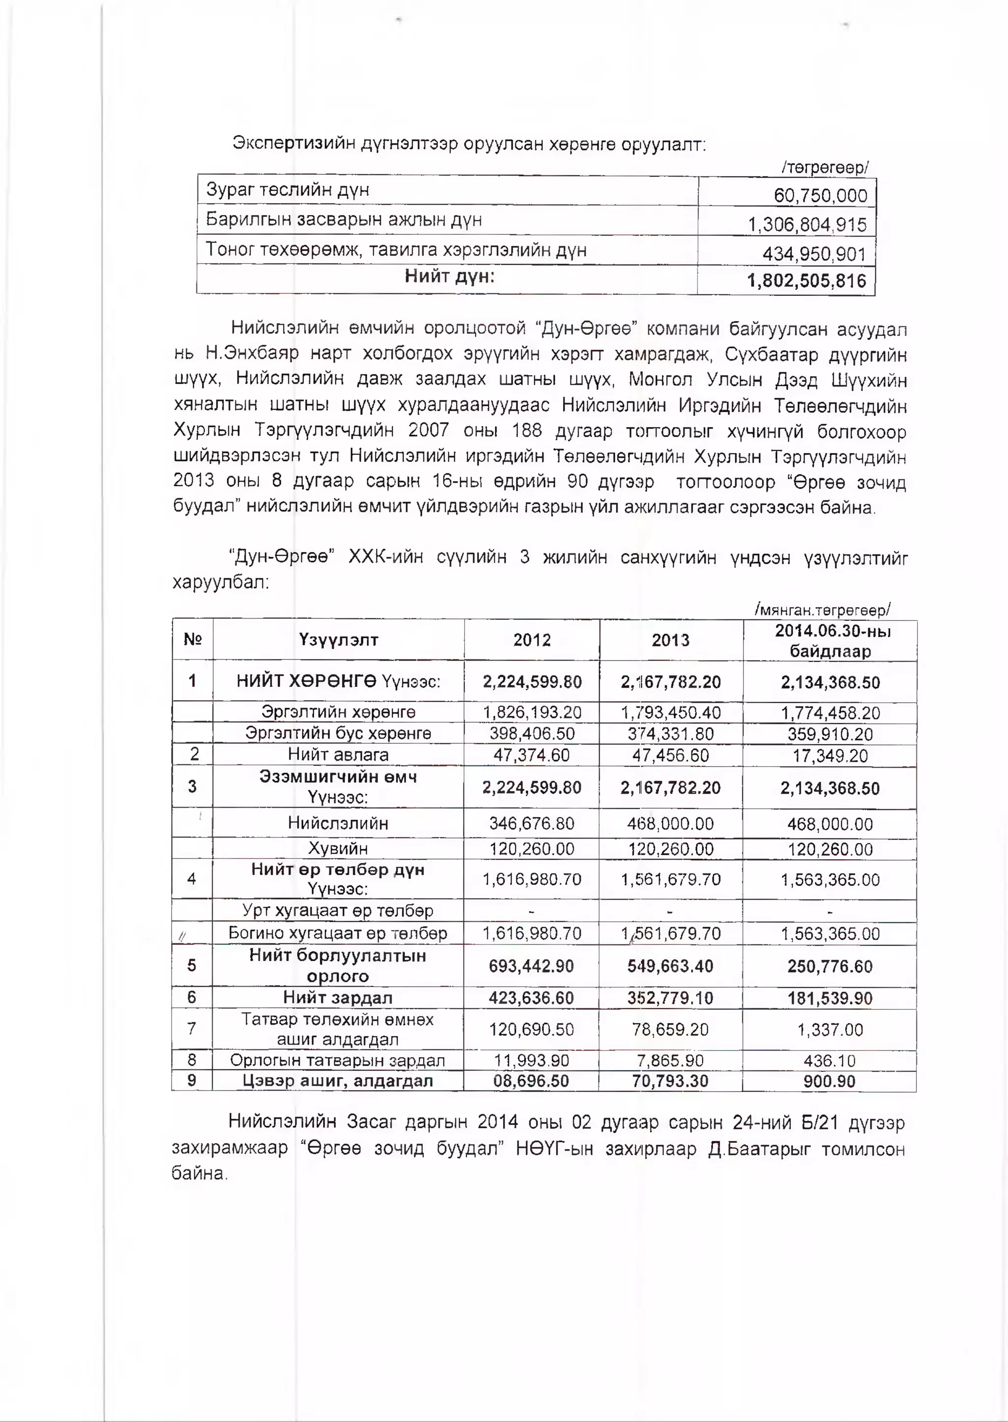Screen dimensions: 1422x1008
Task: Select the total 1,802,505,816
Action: pos(806,281)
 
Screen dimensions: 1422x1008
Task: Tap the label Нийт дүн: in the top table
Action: pos(449,276)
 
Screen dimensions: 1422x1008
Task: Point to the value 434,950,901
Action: pos(814,254)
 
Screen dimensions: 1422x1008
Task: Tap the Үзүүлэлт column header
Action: pos(338,640)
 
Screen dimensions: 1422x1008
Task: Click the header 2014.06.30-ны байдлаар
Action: pos(830,641)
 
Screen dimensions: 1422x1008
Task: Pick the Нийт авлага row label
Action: pos(338,754)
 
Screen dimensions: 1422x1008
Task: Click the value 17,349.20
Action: pos(830,756)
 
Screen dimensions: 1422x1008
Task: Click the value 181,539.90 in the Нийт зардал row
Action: pos(830,998)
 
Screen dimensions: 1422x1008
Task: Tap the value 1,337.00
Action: pos(830,1030)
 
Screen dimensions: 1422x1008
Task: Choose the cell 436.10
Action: pos(830,1061)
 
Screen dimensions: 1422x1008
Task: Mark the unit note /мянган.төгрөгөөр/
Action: pos(822,610)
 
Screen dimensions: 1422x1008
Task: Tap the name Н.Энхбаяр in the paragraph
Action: pos(252,354)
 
